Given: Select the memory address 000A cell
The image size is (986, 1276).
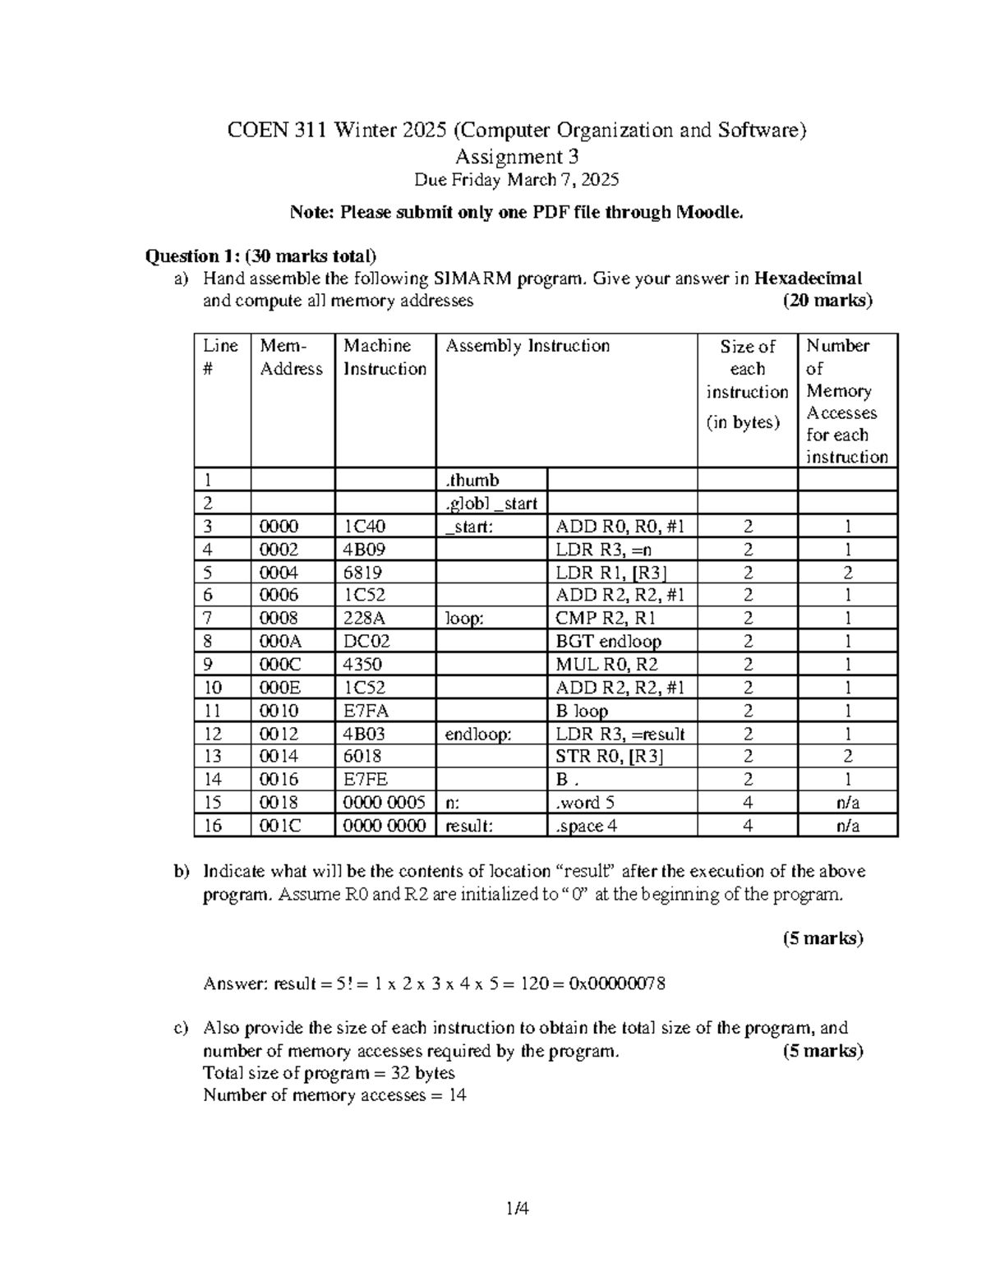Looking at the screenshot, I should coord(279,642).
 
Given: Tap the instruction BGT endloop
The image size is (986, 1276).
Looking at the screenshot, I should coord(609,642).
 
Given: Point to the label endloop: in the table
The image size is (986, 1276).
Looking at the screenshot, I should coord(478,734).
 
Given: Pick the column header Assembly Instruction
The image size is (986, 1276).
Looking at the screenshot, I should coord(528,346).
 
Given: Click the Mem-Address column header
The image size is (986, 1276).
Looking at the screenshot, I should coord(291,357).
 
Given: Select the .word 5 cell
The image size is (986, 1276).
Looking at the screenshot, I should coord(585,803).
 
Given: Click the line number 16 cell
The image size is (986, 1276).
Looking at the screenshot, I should coord(213,826).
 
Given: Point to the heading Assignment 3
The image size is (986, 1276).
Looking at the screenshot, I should coord(517,156).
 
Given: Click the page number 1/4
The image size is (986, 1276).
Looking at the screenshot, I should coord(517,1208).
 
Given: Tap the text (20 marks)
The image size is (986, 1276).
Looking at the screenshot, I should coord(827,301).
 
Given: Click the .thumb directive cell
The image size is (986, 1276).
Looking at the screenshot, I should coord(472,481).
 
